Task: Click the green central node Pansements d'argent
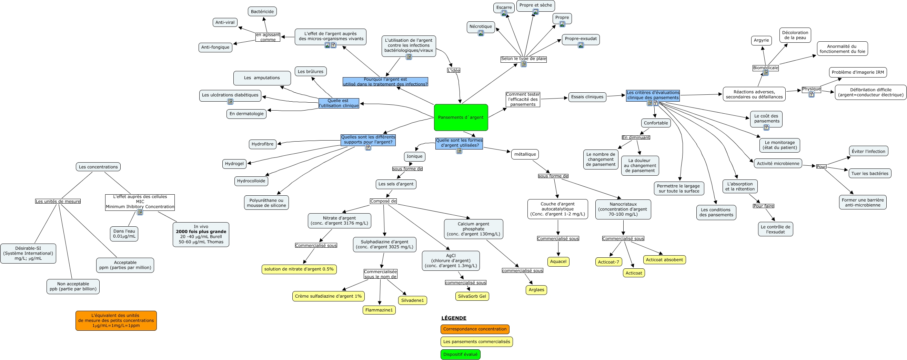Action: click(x=461, y=117)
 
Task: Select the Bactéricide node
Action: click(x=262, y=12)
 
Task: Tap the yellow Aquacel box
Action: click(x=558, y=261)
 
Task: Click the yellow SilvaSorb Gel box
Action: click(x=472, y=296)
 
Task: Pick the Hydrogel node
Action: click(x=234, y=164)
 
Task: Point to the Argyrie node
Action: click(x=761, y=40)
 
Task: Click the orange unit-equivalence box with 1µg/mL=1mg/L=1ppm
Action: click(x=116, y=321)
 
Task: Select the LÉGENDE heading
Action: click(x=454, y=318)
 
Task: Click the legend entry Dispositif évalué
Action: click(x=460, y=354)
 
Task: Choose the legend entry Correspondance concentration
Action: click(x=475, y=329)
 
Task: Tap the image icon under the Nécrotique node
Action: click(x=481, y=33)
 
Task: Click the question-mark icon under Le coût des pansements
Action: click(x=766, y=127)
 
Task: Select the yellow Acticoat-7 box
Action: click(x=608, y=262)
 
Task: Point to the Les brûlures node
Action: click(x=311, y=71)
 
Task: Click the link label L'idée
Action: click(x=454, y=70)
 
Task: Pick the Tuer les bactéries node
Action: click(x=870, y=174)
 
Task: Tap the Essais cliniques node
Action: click(x=587, y=97)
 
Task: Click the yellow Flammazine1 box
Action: click(x=379, y=310)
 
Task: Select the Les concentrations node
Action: click(x=98, y=167)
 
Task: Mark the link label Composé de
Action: click(x=383, y=201)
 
